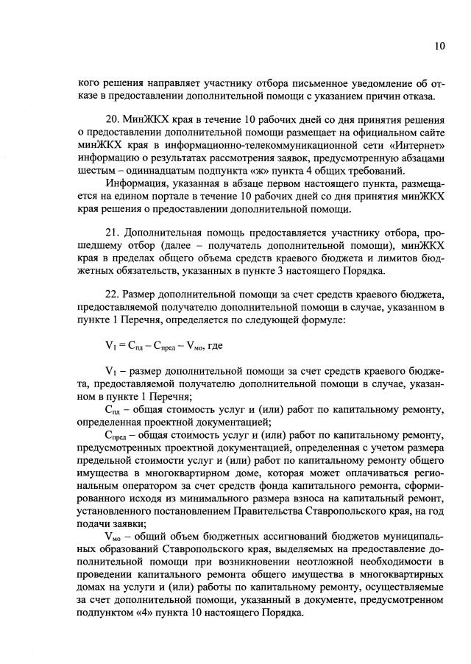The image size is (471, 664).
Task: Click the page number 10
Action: pyautogui.click(x=439, y=46)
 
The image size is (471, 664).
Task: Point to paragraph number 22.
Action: pyautogui.click(x=113, y=282)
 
